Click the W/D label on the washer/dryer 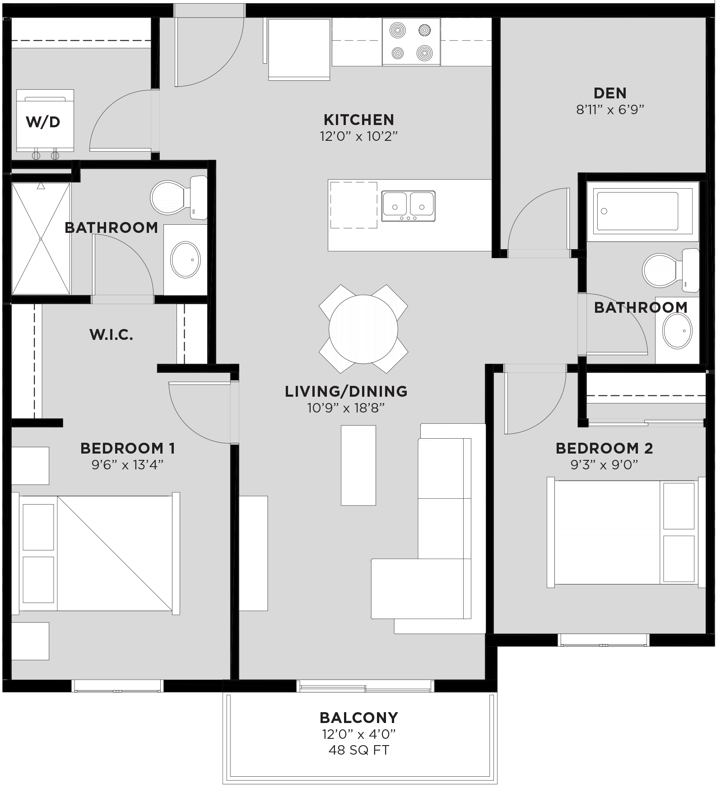[43, 122]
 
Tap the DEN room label [610, 93]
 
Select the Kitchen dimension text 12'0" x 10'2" [359, 136]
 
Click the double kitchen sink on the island [408, 206]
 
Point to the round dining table [363, 329]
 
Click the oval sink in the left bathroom [185, 260]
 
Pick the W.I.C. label [111, 335]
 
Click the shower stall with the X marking [41, 238]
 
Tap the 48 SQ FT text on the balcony [359, 750]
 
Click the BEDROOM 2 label [604, 448]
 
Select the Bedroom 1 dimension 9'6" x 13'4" [127, 465]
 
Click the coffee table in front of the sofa [358, 465]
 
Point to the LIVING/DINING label [346, 391]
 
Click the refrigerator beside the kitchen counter [299, 49]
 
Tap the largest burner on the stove [424, 53]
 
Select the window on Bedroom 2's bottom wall [603, 640]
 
